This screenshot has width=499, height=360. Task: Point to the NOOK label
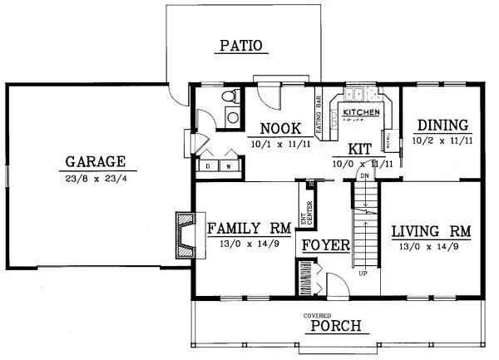(x=274, y=128)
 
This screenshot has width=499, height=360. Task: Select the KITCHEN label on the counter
(x=362, y=111)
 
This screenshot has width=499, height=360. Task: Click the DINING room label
(x=442, y=126)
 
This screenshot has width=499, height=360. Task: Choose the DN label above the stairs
(x=363, y=176)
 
